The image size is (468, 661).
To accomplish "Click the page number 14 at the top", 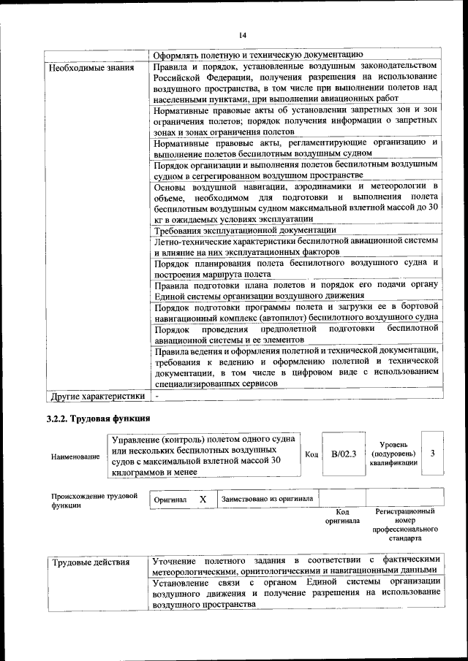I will pos(243,35).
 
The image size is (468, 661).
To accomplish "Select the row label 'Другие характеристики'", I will pos(97,397).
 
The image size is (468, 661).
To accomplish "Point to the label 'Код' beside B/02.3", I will pos(312,454).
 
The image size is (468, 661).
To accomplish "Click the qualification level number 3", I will pos(433,454).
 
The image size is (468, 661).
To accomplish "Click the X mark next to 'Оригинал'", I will pos(203,499).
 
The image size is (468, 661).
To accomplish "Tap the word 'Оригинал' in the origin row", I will pos(170,500).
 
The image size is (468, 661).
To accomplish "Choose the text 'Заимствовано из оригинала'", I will pos(267,499).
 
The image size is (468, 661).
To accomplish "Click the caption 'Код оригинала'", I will pos(342,516).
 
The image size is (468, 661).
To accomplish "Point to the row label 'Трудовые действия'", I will pos(91,562).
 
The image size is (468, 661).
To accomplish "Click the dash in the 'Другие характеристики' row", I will pos(156,397).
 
